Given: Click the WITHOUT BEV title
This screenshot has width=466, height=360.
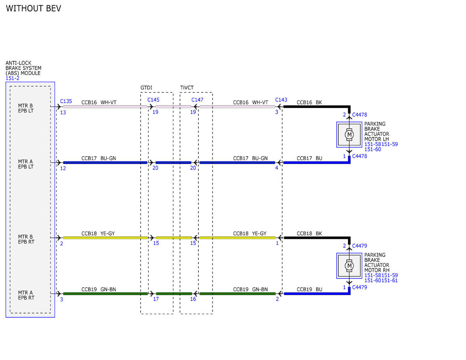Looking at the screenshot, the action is coord(33,9).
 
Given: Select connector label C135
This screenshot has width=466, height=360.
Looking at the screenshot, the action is coord(66,101).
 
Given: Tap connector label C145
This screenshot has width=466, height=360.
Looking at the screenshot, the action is coord(153,100).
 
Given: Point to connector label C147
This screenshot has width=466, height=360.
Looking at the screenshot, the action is coord(197,100).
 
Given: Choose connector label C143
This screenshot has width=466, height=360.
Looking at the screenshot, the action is coord(281,100).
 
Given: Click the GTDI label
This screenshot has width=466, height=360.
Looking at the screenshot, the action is coord(146,88).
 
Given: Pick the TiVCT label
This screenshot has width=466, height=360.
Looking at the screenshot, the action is coord(187,88).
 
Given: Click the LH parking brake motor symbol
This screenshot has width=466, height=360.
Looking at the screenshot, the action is coord(349,135).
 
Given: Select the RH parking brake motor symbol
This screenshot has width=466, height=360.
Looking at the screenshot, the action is coord(349,266).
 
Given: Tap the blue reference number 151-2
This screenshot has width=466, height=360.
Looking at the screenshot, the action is coord(12,78).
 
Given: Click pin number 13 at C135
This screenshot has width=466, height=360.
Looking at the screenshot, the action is coord(63,113).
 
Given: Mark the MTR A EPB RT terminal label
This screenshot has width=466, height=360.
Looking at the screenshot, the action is coord(26,295).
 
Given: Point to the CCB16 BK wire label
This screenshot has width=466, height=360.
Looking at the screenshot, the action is coord(309,103).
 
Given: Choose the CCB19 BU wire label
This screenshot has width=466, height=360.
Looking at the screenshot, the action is coord(310,289).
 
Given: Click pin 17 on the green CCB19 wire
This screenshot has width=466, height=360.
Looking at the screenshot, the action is coord(156,299).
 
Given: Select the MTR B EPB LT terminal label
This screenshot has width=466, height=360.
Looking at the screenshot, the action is coord(26,108).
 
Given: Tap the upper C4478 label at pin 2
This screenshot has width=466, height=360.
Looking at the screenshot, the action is coord(360,115).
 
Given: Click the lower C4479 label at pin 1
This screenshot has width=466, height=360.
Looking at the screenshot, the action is coord(360,287).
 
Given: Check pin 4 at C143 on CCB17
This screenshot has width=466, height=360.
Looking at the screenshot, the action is coord(276,168).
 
